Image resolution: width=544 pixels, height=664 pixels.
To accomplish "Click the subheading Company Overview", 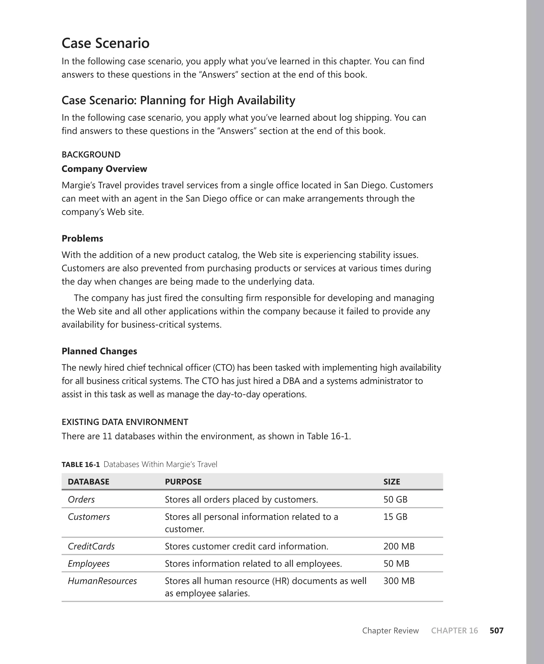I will coord(104,169).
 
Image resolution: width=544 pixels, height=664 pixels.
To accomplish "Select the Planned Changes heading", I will coord(99,351).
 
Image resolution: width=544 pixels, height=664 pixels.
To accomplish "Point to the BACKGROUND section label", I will coord(91,154).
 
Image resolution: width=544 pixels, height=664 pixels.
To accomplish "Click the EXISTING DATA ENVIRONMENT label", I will coord(125,422).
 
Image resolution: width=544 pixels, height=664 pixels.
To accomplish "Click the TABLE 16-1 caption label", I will coord(80,464).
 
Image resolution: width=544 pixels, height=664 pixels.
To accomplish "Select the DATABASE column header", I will coord(88,482).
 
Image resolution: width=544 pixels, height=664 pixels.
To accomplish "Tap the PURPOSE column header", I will coord(183,482).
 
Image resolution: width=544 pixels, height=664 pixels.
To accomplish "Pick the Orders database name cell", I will coord(81,499).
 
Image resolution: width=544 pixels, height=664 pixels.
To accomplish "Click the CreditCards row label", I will coord(91,546).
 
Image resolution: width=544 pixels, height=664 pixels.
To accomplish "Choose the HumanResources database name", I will coord(102,581).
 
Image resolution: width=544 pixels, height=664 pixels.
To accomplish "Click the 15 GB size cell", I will coord(395,517).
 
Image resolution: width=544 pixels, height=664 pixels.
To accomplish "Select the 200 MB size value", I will coord(399,546).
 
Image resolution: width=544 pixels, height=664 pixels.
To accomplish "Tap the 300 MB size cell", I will coord(399,581).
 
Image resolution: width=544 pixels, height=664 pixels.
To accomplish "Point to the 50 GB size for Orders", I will coord(395,499).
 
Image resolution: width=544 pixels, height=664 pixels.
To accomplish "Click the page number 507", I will coord(496,631).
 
